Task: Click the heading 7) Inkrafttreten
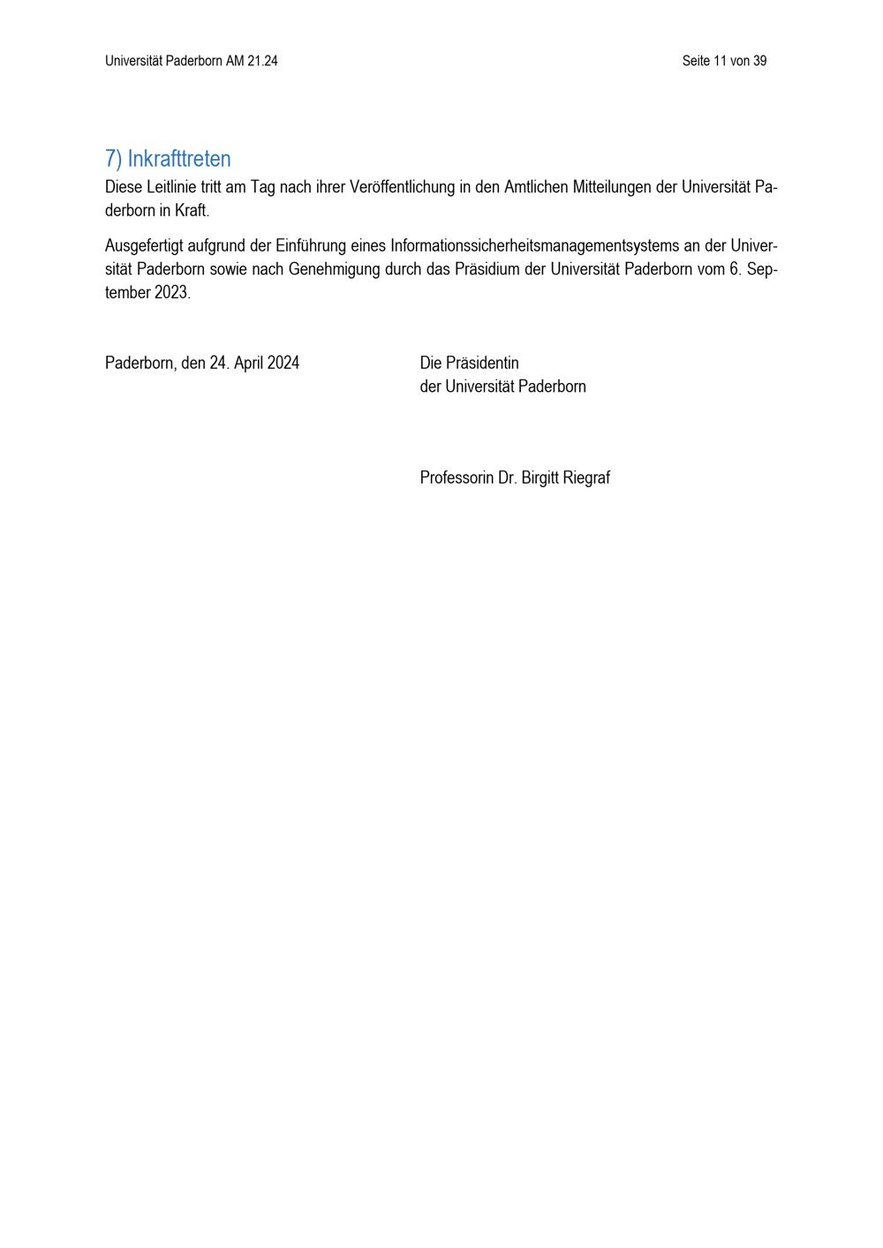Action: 168,159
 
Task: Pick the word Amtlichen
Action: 536,187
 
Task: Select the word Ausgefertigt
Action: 144,245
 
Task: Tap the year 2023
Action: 172,293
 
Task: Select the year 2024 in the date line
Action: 283,363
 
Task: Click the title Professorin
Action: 457,478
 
